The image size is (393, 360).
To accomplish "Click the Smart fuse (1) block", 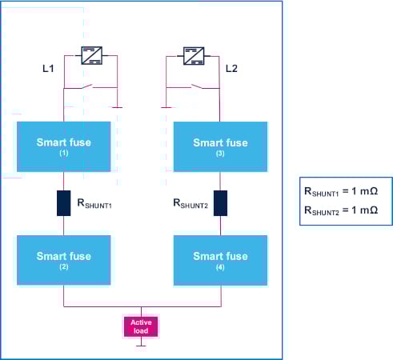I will (63, 146).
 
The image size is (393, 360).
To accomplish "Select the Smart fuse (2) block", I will (63, 260).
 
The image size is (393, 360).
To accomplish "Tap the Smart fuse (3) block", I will (220, 146).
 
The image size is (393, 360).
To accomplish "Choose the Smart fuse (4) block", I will (220, 260).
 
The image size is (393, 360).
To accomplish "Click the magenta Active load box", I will (141, 326).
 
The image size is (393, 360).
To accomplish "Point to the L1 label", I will (49, 70).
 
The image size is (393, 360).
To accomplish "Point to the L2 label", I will (232, 70).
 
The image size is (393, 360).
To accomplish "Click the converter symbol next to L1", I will (90, 55).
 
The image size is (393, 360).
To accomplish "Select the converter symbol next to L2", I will (191, 55).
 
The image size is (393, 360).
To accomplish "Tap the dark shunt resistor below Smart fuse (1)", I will (63, 203).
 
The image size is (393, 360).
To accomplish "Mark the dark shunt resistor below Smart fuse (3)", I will (220, 203).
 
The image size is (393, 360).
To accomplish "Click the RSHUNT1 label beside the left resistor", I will (94, 205).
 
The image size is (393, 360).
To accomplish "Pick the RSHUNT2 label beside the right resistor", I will (190, 205).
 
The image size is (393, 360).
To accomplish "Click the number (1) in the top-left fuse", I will (63, 153).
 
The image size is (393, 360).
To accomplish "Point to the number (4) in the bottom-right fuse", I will (220, 266).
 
